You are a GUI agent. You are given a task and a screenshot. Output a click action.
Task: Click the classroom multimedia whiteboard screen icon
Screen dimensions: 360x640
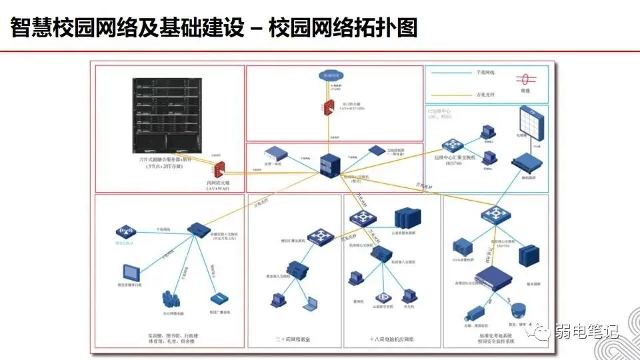click(x=131, y=272)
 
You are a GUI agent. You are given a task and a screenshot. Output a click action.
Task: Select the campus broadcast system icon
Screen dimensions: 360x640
click(x=216, y=298)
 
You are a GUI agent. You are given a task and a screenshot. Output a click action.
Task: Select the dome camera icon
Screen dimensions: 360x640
click(x=517, y=311)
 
